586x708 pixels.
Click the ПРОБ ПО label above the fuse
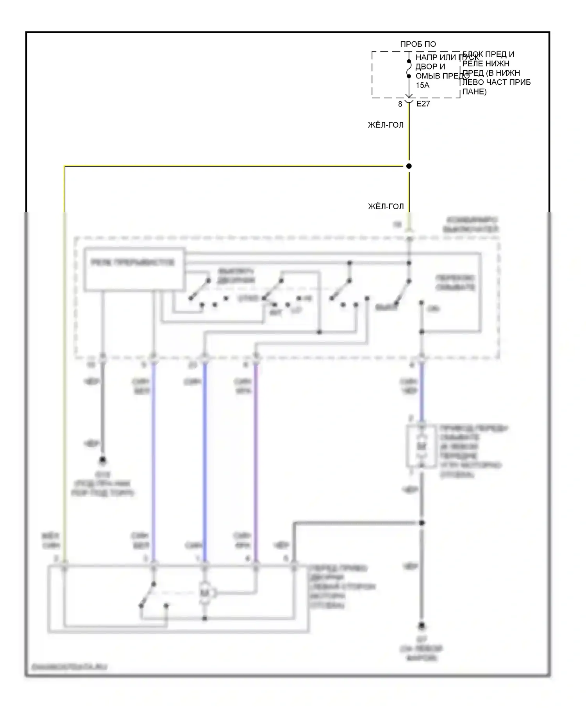click(x=418, y=44)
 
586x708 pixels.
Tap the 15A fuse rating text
click(x=422, y=85)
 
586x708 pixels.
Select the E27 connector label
click(x=423, y=104)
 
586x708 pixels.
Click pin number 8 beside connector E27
click(x=400, y=104)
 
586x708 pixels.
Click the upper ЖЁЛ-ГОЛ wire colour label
click(x=386, y=125)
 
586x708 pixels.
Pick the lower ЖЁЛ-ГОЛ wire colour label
click(x=386, y=206)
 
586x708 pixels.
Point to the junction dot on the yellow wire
click(x=409, y=166)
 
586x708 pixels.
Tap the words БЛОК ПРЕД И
click(x=488, y=54)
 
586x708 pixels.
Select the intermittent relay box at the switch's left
click(x=134, y=269)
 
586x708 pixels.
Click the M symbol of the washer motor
click(x=421, y=446)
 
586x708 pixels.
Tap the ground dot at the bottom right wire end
click(x=422, y=627)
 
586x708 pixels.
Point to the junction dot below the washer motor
click(x=422, y=523)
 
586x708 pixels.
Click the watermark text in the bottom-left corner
click(x=70, y=667)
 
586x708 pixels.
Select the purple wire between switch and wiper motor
click(x=256, y=461)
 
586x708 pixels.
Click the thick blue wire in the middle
click(x=205, y=461)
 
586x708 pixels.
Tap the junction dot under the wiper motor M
click(x=205, y=618)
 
